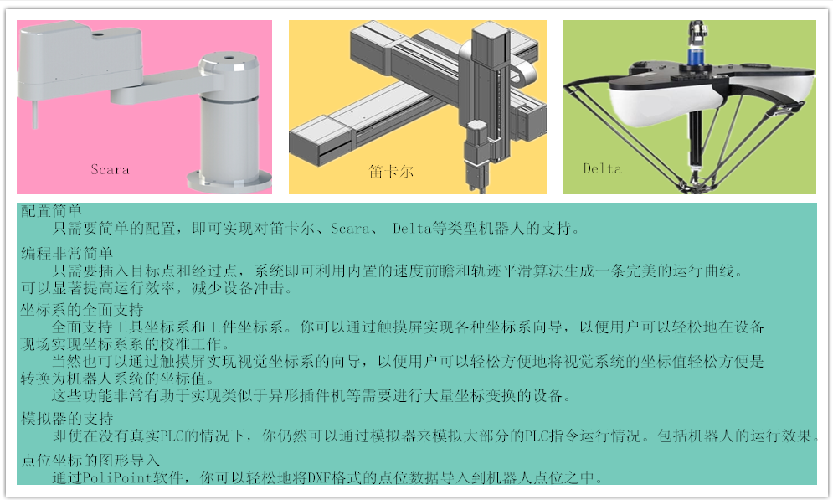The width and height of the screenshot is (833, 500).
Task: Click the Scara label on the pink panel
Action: click(x=110, y=169)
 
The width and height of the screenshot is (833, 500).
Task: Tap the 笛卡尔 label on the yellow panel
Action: click(x=391, y=171)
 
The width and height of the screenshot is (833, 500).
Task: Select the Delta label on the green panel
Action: click(x=602, y=168)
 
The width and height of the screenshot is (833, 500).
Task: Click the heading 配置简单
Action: click(x=51, y=211)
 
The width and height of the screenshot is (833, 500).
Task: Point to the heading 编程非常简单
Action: click(x=67, y=254)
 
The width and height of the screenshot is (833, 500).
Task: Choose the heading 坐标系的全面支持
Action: click(x=82, y=310)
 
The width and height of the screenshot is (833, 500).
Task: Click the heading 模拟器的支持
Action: click(x=67, y=419)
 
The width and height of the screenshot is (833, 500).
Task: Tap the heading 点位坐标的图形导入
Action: click(x=90, y=460)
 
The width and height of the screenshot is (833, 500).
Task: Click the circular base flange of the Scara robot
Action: click(x=229, y=183)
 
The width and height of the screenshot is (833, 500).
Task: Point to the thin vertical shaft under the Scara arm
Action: click(x=35, y=114)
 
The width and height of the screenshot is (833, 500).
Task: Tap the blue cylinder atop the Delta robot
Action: click(x=696, y=56)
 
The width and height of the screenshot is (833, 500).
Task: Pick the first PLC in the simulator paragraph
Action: click(x=172, y=436)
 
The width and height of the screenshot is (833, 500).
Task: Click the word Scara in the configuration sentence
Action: click(x=350, y=229)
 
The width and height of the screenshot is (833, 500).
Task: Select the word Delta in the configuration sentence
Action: click(x=412, y=229)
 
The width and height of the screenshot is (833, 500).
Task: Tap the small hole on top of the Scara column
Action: click(x=229, y=57)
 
